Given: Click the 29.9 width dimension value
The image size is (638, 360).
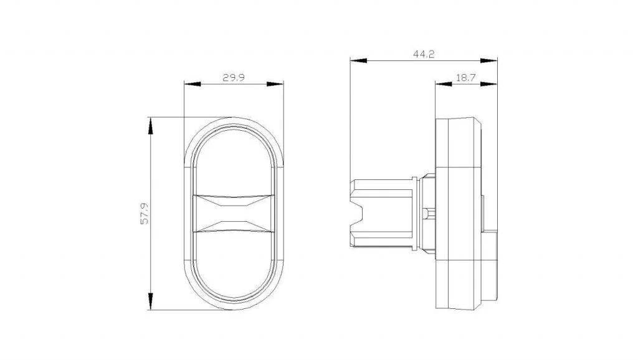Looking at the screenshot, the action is click(x=234, y=77).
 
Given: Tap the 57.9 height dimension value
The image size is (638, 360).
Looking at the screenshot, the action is click(x=145, y=214).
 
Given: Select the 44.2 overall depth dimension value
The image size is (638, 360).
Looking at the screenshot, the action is click(x=424, y=54).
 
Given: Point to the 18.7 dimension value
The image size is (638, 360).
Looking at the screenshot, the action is click(x=465, y=78).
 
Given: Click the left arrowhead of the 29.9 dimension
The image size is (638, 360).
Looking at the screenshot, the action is click(x=193, y=84).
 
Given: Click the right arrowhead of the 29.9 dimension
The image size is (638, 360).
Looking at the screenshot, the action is click(x=275, y=84).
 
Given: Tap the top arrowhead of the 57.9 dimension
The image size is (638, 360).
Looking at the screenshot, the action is click(x=151, y=126).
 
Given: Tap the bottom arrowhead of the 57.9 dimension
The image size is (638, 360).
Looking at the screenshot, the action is click(x=151, y=301).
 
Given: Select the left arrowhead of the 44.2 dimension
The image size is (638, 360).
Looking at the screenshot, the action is click(x=358, y=60).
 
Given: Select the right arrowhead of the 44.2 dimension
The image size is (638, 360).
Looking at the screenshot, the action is click(x=488, y=60).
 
